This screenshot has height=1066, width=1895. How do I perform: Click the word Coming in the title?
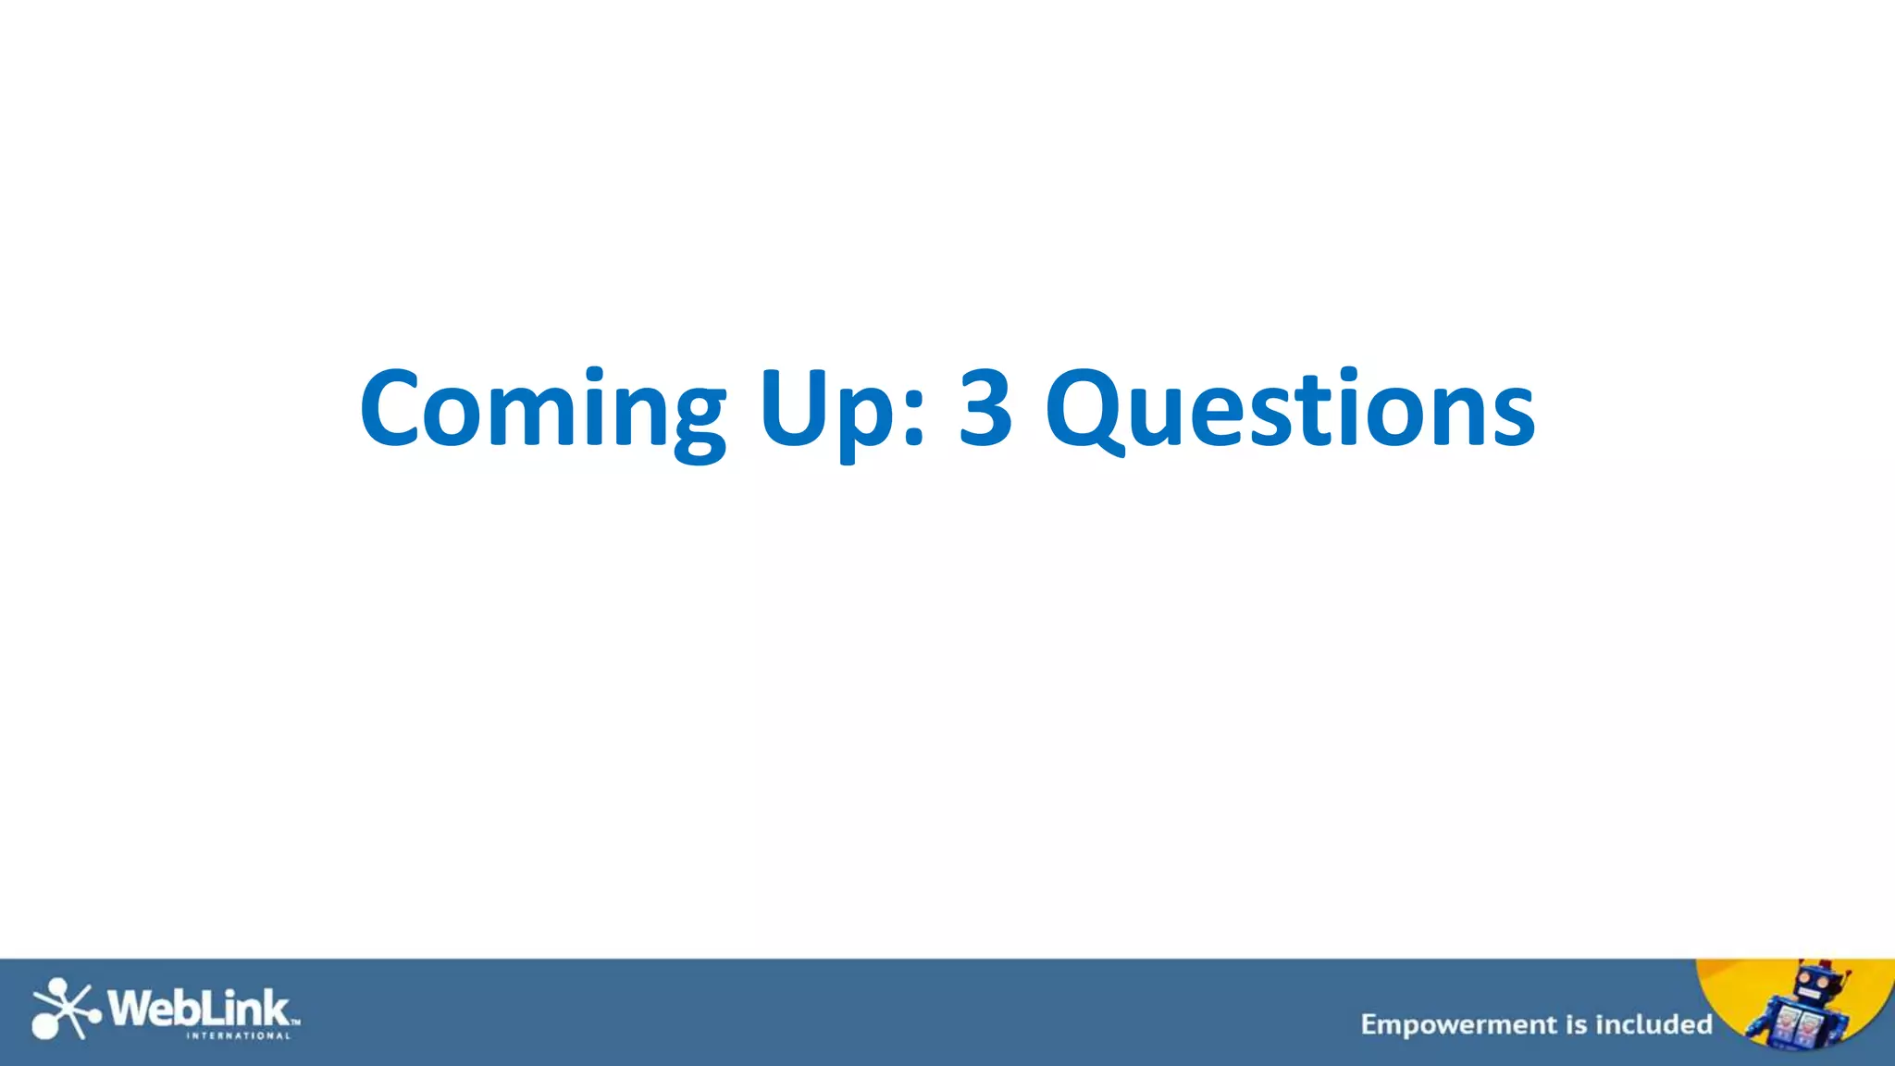point(542,410)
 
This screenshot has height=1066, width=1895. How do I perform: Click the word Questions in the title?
point(1290,410)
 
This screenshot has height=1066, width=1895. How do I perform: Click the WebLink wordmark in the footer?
point(199,1008)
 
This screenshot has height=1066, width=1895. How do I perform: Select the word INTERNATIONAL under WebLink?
point(239,1036)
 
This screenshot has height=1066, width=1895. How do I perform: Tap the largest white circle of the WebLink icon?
point(45,1026)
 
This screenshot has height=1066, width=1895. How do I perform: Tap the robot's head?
point(1816,985)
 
